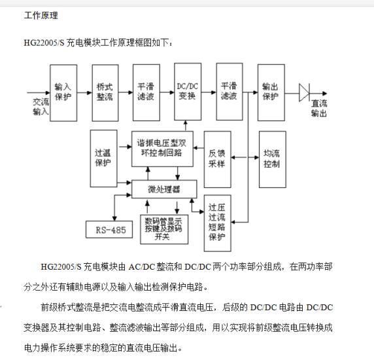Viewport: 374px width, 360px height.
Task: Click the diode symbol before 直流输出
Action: click(304, 93)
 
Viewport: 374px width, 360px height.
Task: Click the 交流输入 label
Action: click(41, 107)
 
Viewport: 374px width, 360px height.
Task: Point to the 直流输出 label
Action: click(319, 109)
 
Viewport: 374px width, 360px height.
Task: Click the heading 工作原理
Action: click(41, 16)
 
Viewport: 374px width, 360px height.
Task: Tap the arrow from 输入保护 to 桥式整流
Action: click(84, 93)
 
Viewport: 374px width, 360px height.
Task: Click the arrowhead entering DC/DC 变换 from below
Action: click(186, 122)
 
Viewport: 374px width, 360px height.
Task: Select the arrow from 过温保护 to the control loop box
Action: click(126, 147)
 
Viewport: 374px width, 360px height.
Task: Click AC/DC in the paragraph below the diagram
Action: click(142, 266)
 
